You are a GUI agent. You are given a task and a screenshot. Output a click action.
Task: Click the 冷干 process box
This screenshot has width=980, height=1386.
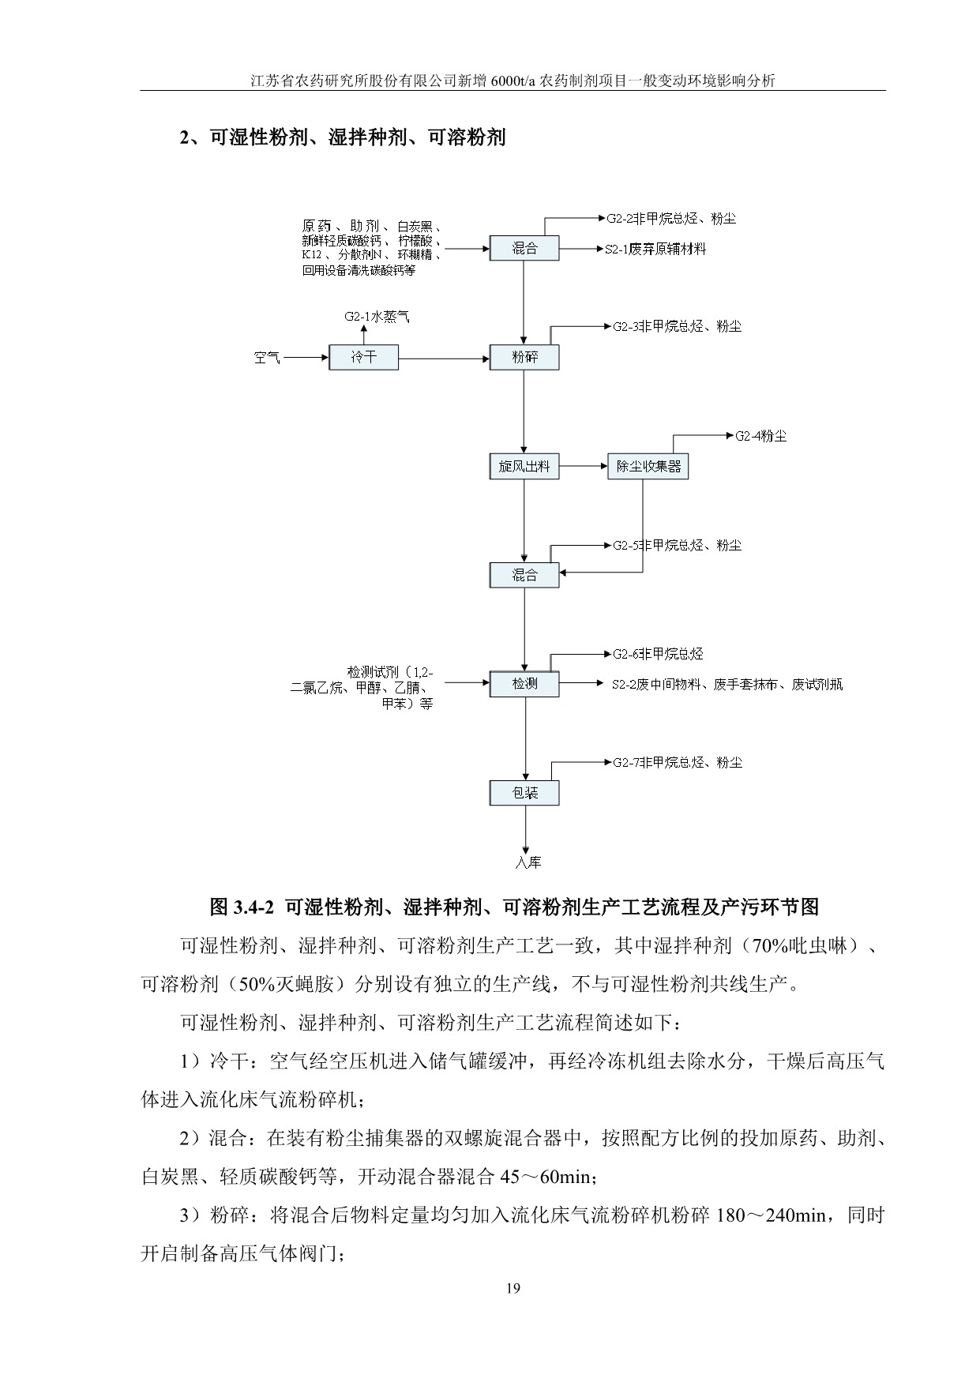pos(364,357)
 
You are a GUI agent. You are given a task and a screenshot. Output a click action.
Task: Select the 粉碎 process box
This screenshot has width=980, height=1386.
pos(524,357)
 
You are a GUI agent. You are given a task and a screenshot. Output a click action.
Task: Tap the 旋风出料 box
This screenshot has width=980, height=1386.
pos(524,466)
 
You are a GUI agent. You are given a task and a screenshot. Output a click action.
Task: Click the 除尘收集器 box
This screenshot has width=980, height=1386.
pos(648,466)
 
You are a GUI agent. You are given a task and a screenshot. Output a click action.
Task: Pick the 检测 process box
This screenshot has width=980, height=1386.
pos(524,684)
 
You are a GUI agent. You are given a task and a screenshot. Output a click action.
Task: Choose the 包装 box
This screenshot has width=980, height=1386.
pos(524,793)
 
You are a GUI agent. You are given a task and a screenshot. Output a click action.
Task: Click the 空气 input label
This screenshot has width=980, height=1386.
pos(267,358)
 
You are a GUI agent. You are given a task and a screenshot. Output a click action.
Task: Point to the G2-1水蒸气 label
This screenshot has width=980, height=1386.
pos(377,317)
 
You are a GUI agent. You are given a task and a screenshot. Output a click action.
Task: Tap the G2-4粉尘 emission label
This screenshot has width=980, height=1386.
pos(760,435)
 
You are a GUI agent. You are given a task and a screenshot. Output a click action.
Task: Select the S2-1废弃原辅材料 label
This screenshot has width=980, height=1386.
pos(655,249)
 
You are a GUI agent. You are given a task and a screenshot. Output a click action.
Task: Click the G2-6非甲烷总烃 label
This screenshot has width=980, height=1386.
pos(658,654)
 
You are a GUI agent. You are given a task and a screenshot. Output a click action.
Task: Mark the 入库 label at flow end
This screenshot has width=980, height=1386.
pos(528,862)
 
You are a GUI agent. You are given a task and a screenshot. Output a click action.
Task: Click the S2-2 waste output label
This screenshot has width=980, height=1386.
pos(727,685)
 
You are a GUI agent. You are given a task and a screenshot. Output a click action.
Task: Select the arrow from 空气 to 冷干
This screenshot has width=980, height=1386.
pos(306,358)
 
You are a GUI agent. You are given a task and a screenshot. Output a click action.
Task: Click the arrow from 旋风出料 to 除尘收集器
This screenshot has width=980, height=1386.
pos(583,466)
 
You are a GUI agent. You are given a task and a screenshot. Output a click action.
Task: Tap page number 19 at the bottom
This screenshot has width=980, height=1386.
pos(513,1289)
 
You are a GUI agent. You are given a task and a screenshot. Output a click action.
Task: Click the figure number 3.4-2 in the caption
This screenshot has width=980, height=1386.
pos(252,907)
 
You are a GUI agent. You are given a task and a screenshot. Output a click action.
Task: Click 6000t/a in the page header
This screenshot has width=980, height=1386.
pos(511,81)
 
